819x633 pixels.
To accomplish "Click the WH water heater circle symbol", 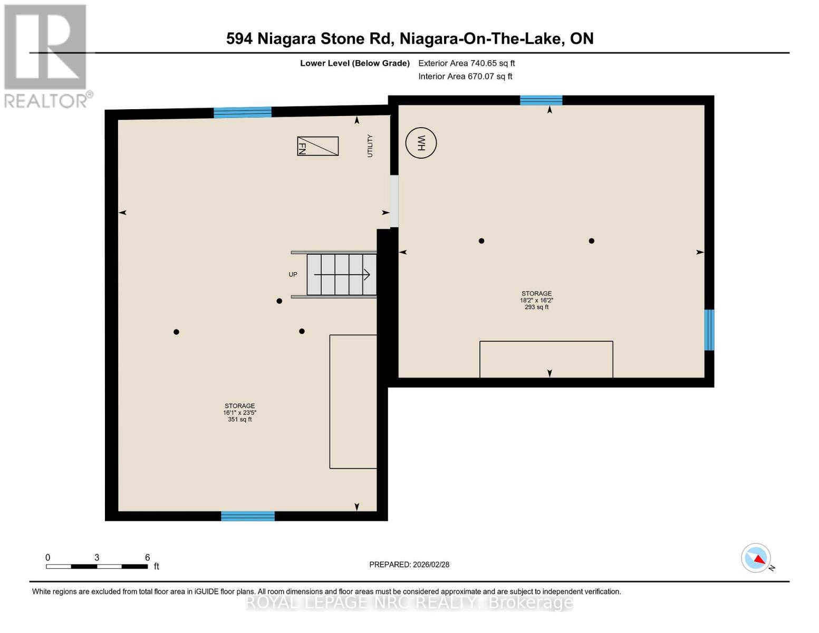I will [421, 143].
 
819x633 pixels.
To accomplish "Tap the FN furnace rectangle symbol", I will [317, 146].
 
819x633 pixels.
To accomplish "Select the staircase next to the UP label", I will [342, 275].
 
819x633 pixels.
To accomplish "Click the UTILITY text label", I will [370, 146].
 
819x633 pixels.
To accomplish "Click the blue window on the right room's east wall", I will [709, 330].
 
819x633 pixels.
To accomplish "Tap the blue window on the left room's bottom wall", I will [247, 516].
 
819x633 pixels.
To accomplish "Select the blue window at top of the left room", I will [242, 112].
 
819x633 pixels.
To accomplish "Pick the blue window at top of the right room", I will [541, 100].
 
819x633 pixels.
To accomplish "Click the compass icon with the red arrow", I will [756, 558].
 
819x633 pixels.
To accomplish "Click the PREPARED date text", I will [409, 564].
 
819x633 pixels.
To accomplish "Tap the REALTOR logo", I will [46, 56].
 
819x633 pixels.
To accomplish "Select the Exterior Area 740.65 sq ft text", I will [466, 63].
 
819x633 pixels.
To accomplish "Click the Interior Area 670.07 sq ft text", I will [465, 76].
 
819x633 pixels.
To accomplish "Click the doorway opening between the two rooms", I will [394, 202].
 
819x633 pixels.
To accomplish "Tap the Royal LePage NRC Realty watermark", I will [409, 602].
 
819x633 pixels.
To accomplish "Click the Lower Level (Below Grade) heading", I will [354, 63].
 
